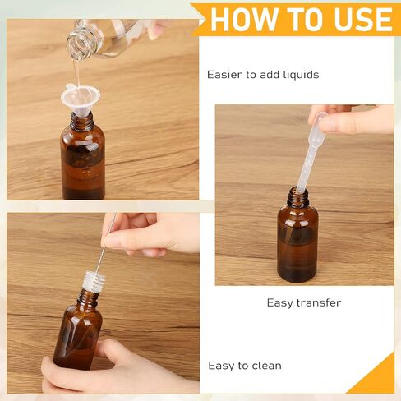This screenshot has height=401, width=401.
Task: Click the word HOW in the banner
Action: (x=244, y=20)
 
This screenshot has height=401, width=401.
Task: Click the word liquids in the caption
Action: (x=301, y=75)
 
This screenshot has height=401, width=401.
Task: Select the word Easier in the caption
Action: (x=224, y=75)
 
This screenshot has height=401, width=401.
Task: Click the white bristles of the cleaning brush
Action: (x=94, y=281)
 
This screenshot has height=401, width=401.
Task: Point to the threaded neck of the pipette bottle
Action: (x=297, y=196)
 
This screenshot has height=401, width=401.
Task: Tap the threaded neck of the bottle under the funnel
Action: (x=82, y=122)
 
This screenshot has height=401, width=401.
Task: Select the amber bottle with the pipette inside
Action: (x=297, y=235)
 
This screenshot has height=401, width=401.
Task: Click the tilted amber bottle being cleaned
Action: (x=79, y=329)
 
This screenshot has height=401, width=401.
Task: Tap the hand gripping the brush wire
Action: (x=150, y=234)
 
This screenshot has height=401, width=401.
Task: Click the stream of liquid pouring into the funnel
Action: (x=76, y=74)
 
